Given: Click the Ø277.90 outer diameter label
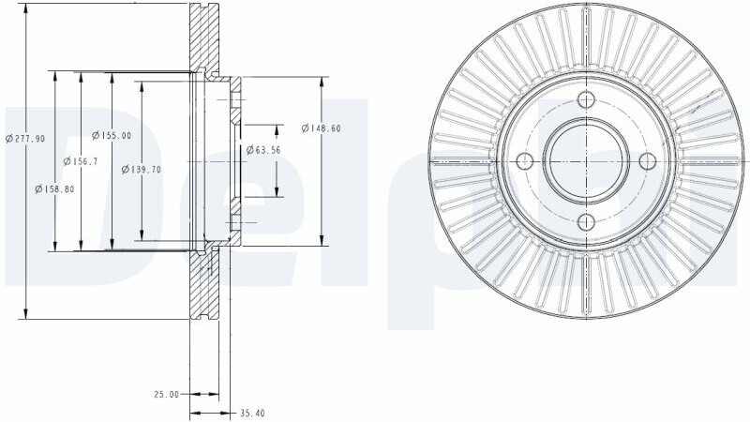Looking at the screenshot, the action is [25, 138].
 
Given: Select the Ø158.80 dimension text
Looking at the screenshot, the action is [54, 189].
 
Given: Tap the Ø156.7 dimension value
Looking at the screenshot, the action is [81, 161].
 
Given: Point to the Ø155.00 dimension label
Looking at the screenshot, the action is [111, 135].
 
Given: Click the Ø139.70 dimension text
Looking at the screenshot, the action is [142, 169].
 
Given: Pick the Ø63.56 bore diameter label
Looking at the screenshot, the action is [263, 150].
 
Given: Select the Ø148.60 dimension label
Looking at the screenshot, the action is [321, 128].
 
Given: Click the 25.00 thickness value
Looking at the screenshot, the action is [166, 394].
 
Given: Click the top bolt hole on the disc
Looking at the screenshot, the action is [586, 99].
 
